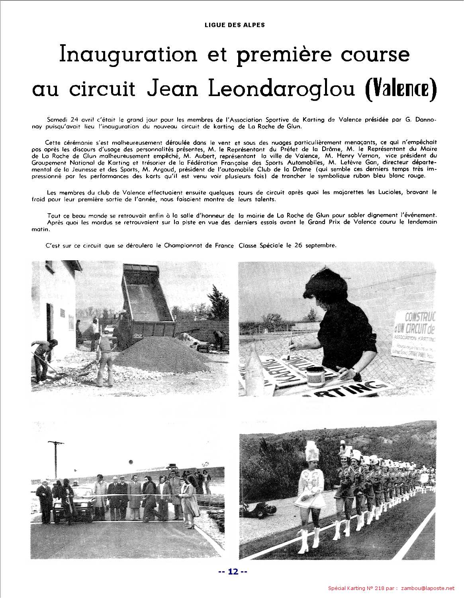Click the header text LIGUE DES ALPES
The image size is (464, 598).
[x=235, y=25]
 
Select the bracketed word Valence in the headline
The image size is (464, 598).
[x=401, y=90]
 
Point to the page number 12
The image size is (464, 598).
[x=233, y=572]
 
